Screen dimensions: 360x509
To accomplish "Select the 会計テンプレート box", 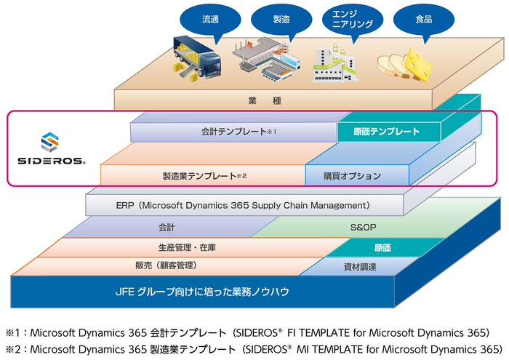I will pyautogui.click(x=233, y=132).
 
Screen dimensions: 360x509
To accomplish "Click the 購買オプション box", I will pyautogui.click(x=352, y=175).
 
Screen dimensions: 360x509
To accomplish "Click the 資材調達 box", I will pyautogui.click(x=359, y=267).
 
